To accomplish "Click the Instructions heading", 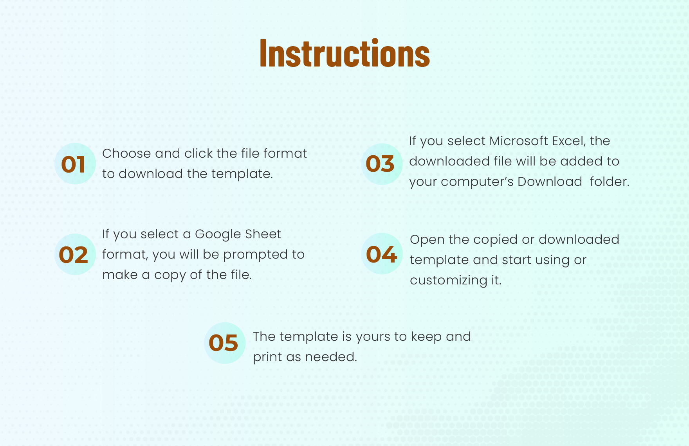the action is click(x=344, y=53).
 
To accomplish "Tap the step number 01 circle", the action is click(x=75, y=164).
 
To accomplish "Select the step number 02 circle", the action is click(x=75, y=254).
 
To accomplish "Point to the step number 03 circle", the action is click(x=382, y=164).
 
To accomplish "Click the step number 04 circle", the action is click(x=382, y=254).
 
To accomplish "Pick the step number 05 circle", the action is click(x=225, y=343).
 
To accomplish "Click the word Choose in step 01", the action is click(x=126, y=153).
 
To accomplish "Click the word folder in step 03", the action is click(x=610, y=182).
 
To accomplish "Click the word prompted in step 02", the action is click(x=256, y=255).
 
